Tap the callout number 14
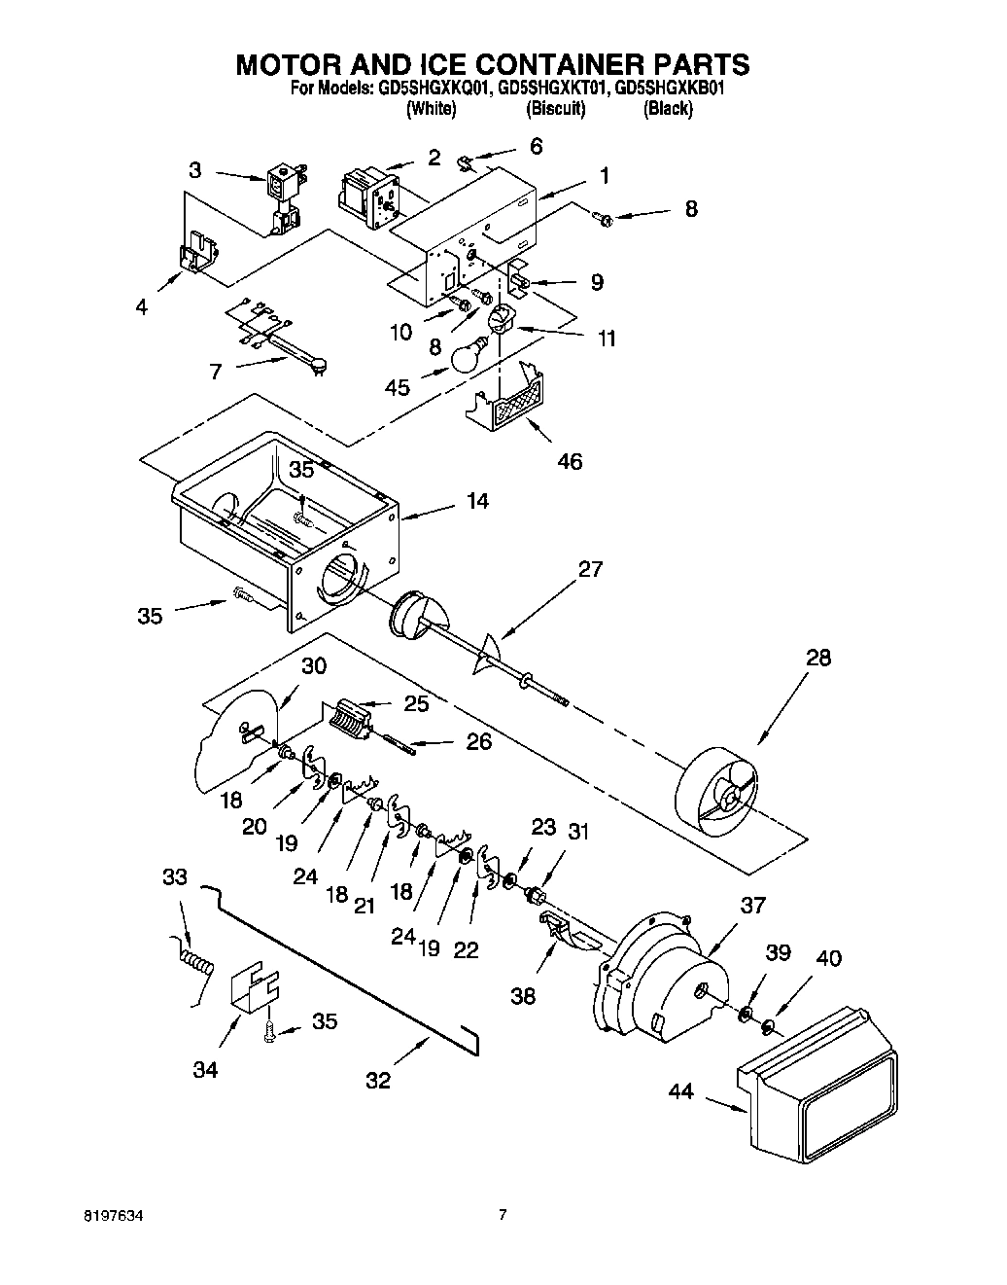[x=477, y=502]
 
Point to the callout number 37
[x=753, y=906]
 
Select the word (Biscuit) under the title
[x=555, y=109]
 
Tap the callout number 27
[x=590, y=570]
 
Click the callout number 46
[x=570, y=460]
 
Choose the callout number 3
[x=196, y=169]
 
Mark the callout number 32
[x=378, y=1080]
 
